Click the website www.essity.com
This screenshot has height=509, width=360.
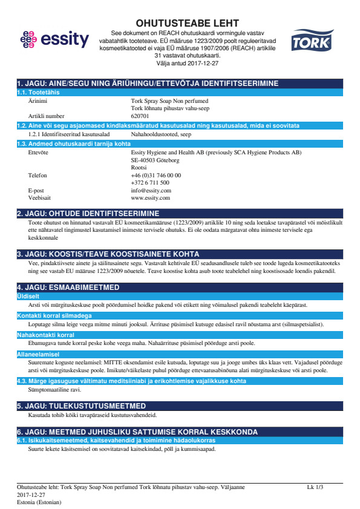150,198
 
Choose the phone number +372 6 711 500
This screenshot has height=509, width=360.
150,182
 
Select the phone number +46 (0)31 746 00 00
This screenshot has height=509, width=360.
155,175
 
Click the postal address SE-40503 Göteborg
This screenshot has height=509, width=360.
155,160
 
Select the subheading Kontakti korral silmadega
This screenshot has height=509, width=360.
54,317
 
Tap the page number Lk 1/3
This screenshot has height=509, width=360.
315,487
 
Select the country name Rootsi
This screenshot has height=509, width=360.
139,167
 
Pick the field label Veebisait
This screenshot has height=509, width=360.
41,198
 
